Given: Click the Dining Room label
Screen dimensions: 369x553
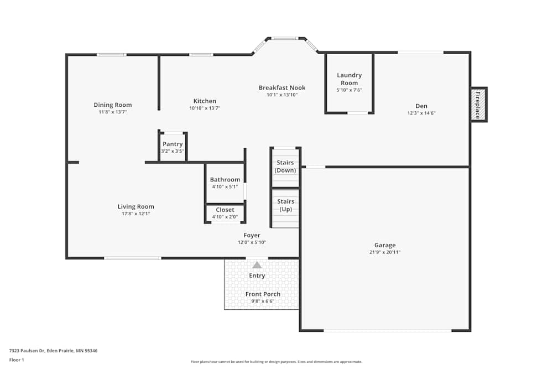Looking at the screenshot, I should (x=112, y=105).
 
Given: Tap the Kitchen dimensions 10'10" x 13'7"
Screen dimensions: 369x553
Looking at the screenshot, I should (x=205, y=108).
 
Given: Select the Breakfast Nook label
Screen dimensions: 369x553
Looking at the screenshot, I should (x=282, y=88).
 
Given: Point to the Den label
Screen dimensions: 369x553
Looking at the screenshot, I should (x=421, y=106).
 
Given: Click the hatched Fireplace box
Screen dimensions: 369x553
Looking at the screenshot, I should (x=478, y=105).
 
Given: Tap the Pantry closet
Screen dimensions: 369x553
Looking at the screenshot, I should (x=173, y=147).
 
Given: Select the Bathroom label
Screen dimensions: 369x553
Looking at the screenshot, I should (x=225, y=180).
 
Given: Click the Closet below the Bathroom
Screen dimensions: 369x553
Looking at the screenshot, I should (x=225, y=212).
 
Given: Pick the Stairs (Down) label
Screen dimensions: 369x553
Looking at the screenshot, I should (x=285, y=167).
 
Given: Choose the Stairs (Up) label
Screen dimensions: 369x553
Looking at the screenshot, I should (x=285, y=205).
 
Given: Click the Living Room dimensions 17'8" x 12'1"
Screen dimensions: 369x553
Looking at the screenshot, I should (x=135, y=214).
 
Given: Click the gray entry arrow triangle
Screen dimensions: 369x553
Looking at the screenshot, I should (x=257, y=265).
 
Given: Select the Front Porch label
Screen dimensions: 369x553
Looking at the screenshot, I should (x=263, y=294).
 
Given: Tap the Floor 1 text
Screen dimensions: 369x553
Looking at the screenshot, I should (x=17, y=360).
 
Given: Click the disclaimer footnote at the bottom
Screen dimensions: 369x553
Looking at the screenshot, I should (x=276, y=362).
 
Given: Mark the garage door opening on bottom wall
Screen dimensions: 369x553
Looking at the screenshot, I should (x=387, y=330).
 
